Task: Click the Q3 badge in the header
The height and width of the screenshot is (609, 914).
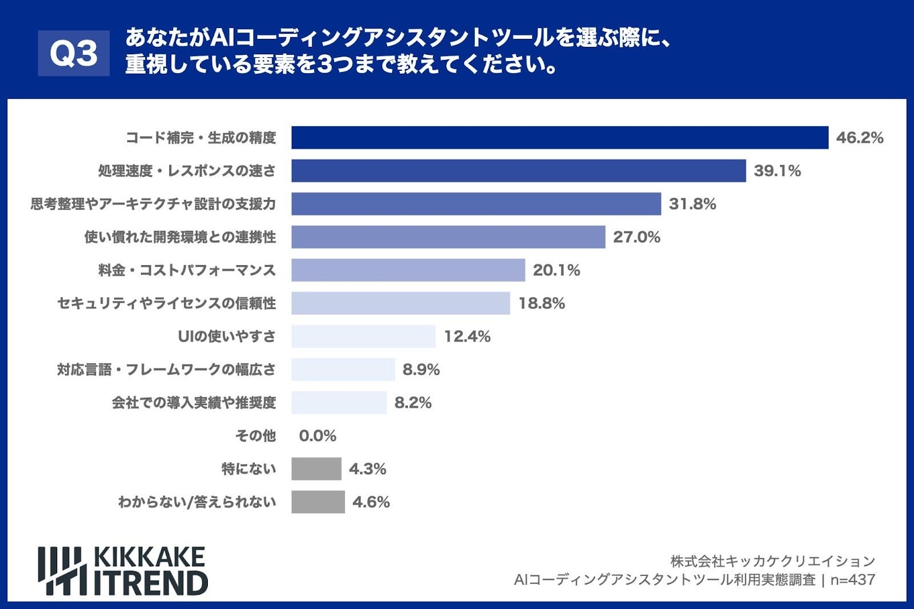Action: tap(74, 53)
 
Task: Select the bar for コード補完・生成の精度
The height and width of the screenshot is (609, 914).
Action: tap(559, 138)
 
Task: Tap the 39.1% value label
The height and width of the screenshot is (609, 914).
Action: tap(777, 171)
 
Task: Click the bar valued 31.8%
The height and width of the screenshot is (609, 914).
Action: tap(476, 204)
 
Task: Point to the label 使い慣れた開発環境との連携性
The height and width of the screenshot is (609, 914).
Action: tap(180, 237)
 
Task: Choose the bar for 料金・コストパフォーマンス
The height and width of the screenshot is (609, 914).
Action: tap(408, 270)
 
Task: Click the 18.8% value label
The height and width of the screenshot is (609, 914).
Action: tap(541, 303)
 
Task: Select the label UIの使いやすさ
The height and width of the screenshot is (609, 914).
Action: tap(227, 336)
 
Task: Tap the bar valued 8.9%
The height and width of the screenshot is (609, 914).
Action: tap(343, 370)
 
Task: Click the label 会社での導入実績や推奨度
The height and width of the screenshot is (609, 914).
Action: tap(194, 403)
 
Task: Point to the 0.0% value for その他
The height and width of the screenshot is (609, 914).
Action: tap(318, 436)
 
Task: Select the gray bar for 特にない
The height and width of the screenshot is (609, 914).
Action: tap(316, 469)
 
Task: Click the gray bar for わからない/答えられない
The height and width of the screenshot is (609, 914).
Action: tap(318, 502)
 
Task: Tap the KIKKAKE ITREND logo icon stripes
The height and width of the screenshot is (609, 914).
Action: tap(62, 571)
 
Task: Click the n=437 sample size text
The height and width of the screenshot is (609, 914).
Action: tap(852, 580)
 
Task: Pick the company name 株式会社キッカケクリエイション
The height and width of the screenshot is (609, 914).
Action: tap(772, 561)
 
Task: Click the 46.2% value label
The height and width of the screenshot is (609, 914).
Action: tap(859, 138)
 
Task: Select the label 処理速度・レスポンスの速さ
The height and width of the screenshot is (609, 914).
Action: tap(187, 171)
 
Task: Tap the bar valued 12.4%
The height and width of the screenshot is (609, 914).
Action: tap(363, 336)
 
